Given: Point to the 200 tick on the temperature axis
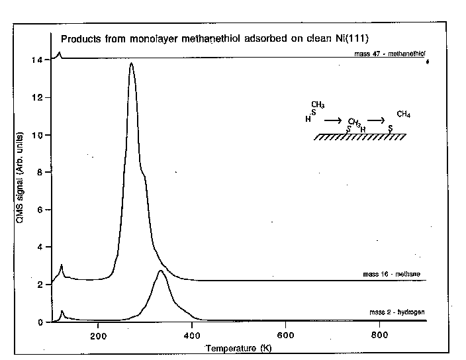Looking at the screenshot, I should point(98,334).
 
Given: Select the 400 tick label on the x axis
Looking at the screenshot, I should point(192,334).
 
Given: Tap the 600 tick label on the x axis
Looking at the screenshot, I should point(285,334).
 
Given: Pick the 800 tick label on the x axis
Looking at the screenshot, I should point(379,334).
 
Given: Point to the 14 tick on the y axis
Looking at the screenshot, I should point(38,60).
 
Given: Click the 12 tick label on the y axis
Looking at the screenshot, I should point(38,98).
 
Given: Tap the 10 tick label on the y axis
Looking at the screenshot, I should point(38,136).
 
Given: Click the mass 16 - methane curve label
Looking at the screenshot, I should point(391,274).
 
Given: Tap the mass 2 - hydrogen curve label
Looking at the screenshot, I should point(396,312).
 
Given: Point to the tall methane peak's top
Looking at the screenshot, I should point(132,64).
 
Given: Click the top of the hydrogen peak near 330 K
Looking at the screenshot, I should point(161,271).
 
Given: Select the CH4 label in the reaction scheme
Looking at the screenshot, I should point(403,114).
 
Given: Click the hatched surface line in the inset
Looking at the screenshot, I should point(360,137).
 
